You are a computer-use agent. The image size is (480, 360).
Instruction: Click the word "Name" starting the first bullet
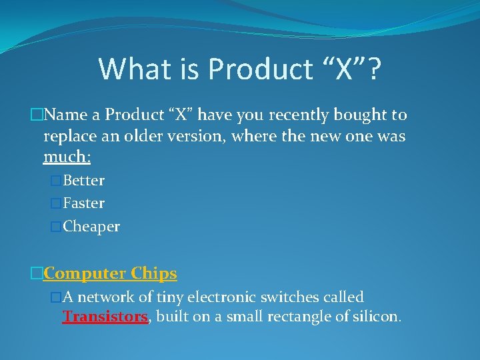(67, 115)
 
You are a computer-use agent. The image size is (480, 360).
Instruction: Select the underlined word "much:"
(67, 158)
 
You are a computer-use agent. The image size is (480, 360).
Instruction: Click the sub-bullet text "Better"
(83, 181)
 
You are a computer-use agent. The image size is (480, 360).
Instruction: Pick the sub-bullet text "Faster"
(83, 203)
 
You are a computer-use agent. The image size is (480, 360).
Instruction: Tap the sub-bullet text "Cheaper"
(91, 227)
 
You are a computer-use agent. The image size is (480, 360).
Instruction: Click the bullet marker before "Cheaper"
(56, 227)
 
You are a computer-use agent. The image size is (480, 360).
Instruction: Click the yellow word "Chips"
(154, 273)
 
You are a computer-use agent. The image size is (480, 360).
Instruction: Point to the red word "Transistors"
(105, 317)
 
